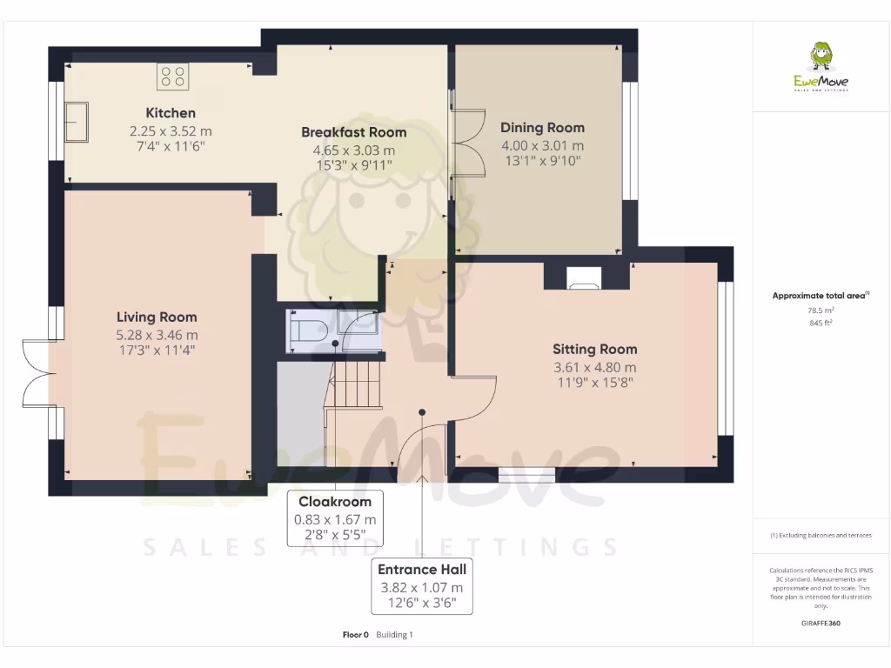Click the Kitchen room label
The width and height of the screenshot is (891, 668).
click(x=171, y=113)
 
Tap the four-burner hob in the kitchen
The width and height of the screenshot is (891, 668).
click(x=173, y=77)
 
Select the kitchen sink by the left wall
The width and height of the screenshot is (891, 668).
click(x=78, y=121)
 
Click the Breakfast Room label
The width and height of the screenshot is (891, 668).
click(x=353, y=132)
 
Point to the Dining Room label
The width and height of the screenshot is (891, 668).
click(x=542, y=128)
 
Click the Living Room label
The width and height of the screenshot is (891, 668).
click(x=157, y=317)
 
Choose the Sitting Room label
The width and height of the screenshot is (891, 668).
click(x=594, y=350)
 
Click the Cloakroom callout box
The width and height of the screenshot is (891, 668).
click(x=335, y=518)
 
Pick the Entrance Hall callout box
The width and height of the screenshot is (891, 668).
click(x=422, y=586)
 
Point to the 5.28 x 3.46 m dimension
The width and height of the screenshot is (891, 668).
click(x=157, y=335)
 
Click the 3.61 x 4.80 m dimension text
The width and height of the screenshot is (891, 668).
click(x=594, y=367)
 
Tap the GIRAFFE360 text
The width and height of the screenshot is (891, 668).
click(x=821, y=623)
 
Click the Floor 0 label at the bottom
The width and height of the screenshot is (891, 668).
click(x=356, y=635)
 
